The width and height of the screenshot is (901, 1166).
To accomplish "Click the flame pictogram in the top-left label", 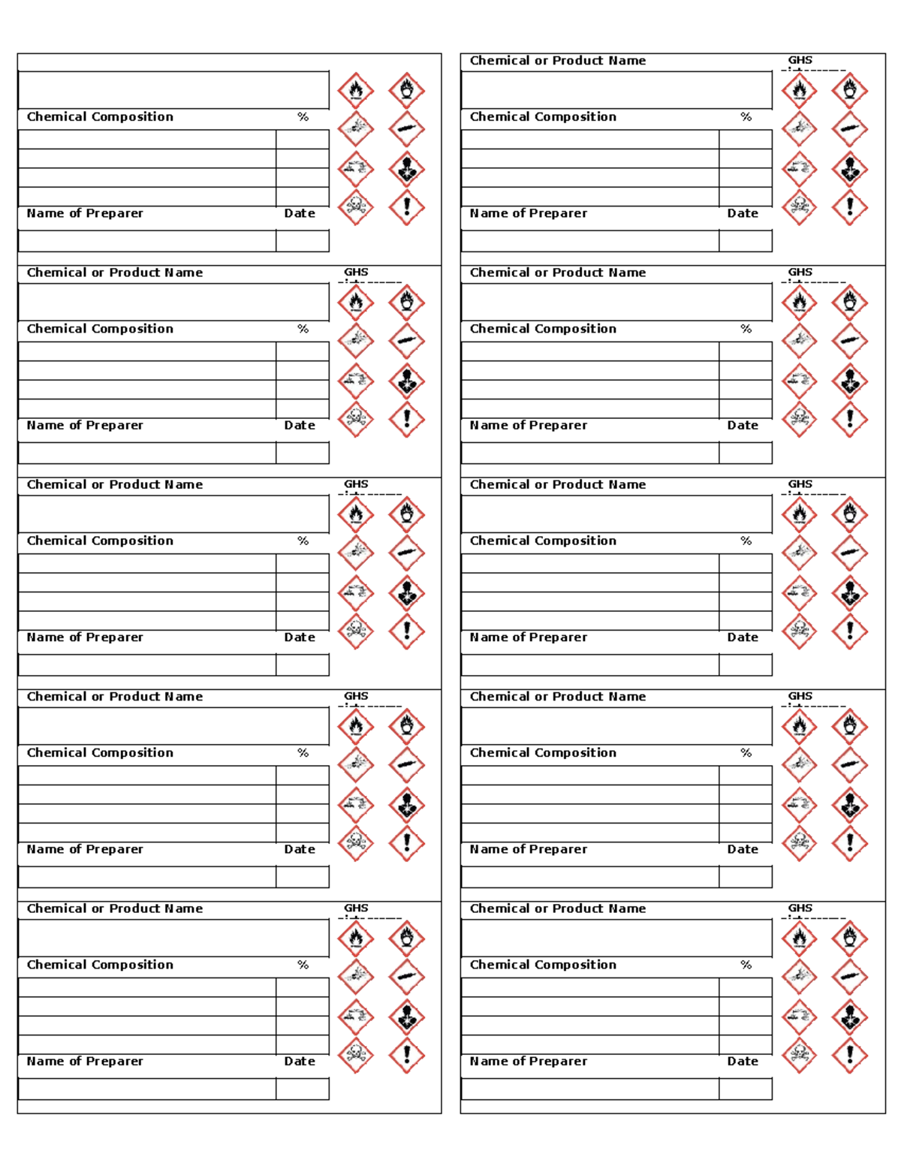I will tap(356, 91).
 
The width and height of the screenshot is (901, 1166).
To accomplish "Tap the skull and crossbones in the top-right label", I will tap(799, 206).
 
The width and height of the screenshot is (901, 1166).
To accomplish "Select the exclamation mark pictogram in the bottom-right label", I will tap(850, 1056).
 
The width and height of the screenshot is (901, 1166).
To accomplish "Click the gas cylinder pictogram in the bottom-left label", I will tap(406, 977).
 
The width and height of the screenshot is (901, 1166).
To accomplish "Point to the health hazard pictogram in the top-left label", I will tap(406, 169).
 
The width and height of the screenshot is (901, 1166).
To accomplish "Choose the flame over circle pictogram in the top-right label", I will tap(850, 91).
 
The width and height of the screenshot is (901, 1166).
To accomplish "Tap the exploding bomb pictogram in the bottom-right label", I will tap(799, 977).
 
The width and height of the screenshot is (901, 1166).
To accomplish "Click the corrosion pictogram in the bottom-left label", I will tap(356, 1017).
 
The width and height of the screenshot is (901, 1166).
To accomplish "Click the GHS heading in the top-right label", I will tap(800, 60).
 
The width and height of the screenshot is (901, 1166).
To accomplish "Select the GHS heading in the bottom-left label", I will tap(356, 908).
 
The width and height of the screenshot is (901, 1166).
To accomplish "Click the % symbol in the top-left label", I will tap(303, 117).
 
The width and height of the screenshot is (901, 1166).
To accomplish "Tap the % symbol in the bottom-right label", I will tap(746, 965).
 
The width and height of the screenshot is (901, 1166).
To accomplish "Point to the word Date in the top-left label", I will tap(300, 213).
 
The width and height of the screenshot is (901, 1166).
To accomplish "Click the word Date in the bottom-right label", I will tap(743, 1062).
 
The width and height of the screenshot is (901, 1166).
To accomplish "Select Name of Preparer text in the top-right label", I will tap(529, 213).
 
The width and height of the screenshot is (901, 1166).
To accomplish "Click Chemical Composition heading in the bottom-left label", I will tap(100, 965).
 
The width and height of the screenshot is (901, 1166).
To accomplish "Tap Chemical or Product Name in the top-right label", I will tap(558, 61).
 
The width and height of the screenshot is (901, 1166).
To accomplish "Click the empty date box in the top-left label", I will tap(303, 241).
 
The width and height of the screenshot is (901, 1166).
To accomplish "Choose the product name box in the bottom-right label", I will tap(616, 938).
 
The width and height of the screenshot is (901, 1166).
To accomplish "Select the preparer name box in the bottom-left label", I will tap(147, 1089).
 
